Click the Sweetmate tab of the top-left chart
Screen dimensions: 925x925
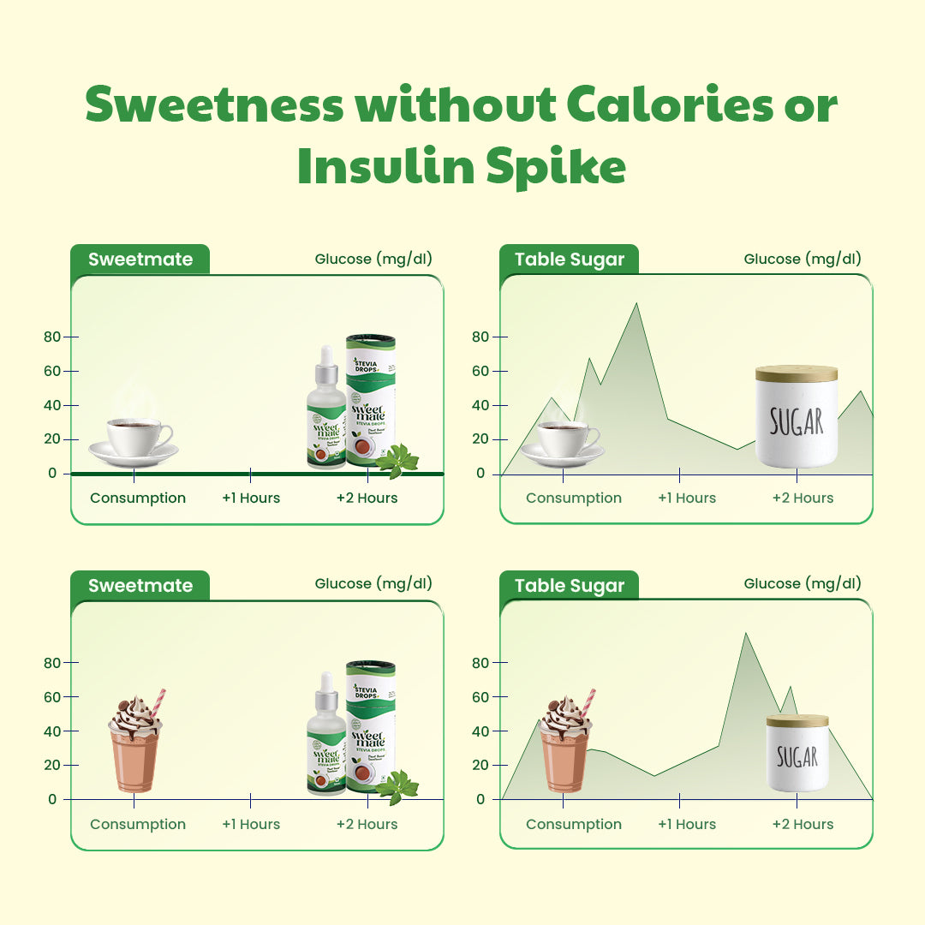pyautogui.click(x=140, y=260)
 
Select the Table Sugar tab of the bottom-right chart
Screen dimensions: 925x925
pyautogui.click(x=570, y=586)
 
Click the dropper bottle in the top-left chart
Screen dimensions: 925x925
pyautogui.click(x=326, y=411)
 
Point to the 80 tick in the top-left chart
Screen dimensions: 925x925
pyautogui.click(x=52, y=337)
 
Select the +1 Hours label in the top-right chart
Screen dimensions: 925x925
pyautogui.click(x=687, y=498)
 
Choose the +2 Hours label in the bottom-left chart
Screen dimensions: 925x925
pyautogui.click(x=367, y=824)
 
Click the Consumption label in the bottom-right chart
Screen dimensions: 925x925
pyautogui.click(x=574, y=824)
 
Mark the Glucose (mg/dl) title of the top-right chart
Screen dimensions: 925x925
pyautogui.click(x=803, y=259)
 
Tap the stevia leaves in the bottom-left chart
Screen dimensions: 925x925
pyautogui.click(x=397, y=787)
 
